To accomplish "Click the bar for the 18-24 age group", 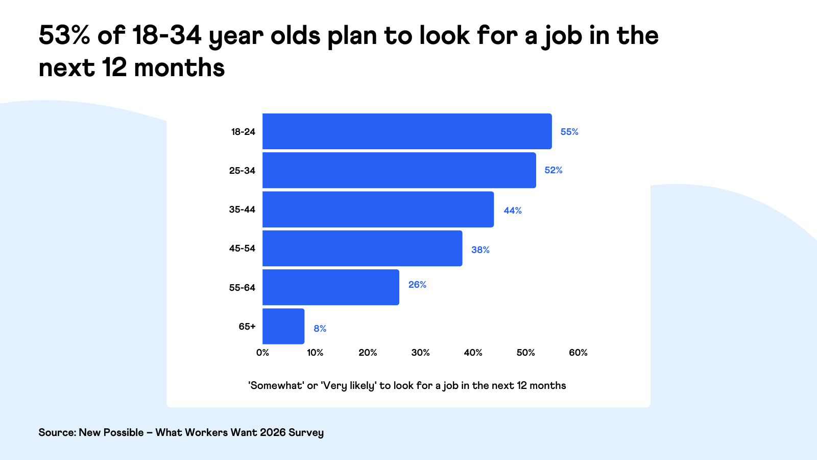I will click(407, 131).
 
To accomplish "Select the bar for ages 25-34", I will click(399, 170).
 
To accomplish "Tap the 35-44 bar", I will click(378, 209).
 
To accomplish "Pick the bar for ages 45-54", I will click(362, 248).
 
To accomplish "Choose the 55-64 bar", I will click(331, 287).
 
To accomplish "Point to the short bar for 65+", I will click(283, 326).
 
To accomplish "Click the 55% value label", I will click(569, 132).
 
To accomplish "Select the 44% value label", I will click(513, 211).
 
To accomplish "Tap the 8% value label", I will click(320, 329).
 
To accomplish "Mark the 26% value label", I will click(417, 285).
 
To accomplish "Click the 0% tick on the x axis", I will click(262, 353).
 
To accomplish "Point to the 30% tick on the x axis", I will click(420, 353).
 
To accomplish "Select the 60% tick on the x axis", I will click(578, 353).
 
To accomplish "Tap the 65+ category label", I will click(247, 326).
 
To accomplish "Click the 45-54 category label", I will click(242, 248).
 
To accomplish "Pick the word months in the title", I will click(179, 68).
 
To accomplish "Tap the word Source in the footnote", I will click(57, 432).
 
